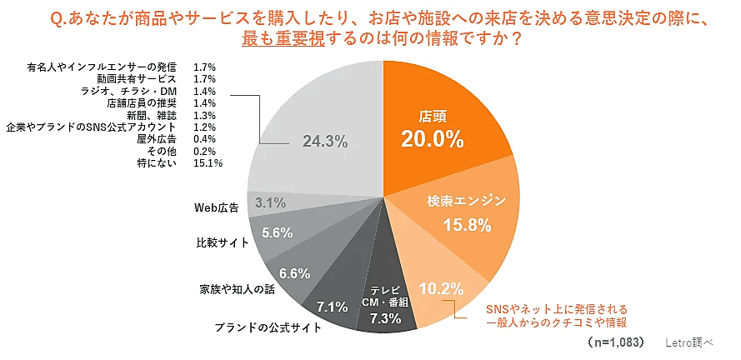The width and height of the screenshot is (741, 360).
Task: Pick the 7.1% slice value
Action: pyautogui.click(x=331, y=307)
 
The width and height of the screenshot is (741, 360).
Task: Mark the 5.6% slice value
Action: pyautogui.click(x=277, y=233)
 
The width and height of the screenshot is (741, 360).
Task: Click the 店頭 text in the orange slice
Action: pyautogui.click(x=432, y=115)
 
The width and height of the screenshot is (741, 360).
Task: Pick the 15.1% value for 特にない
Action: pyautogui.click(x=208, y=162)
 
